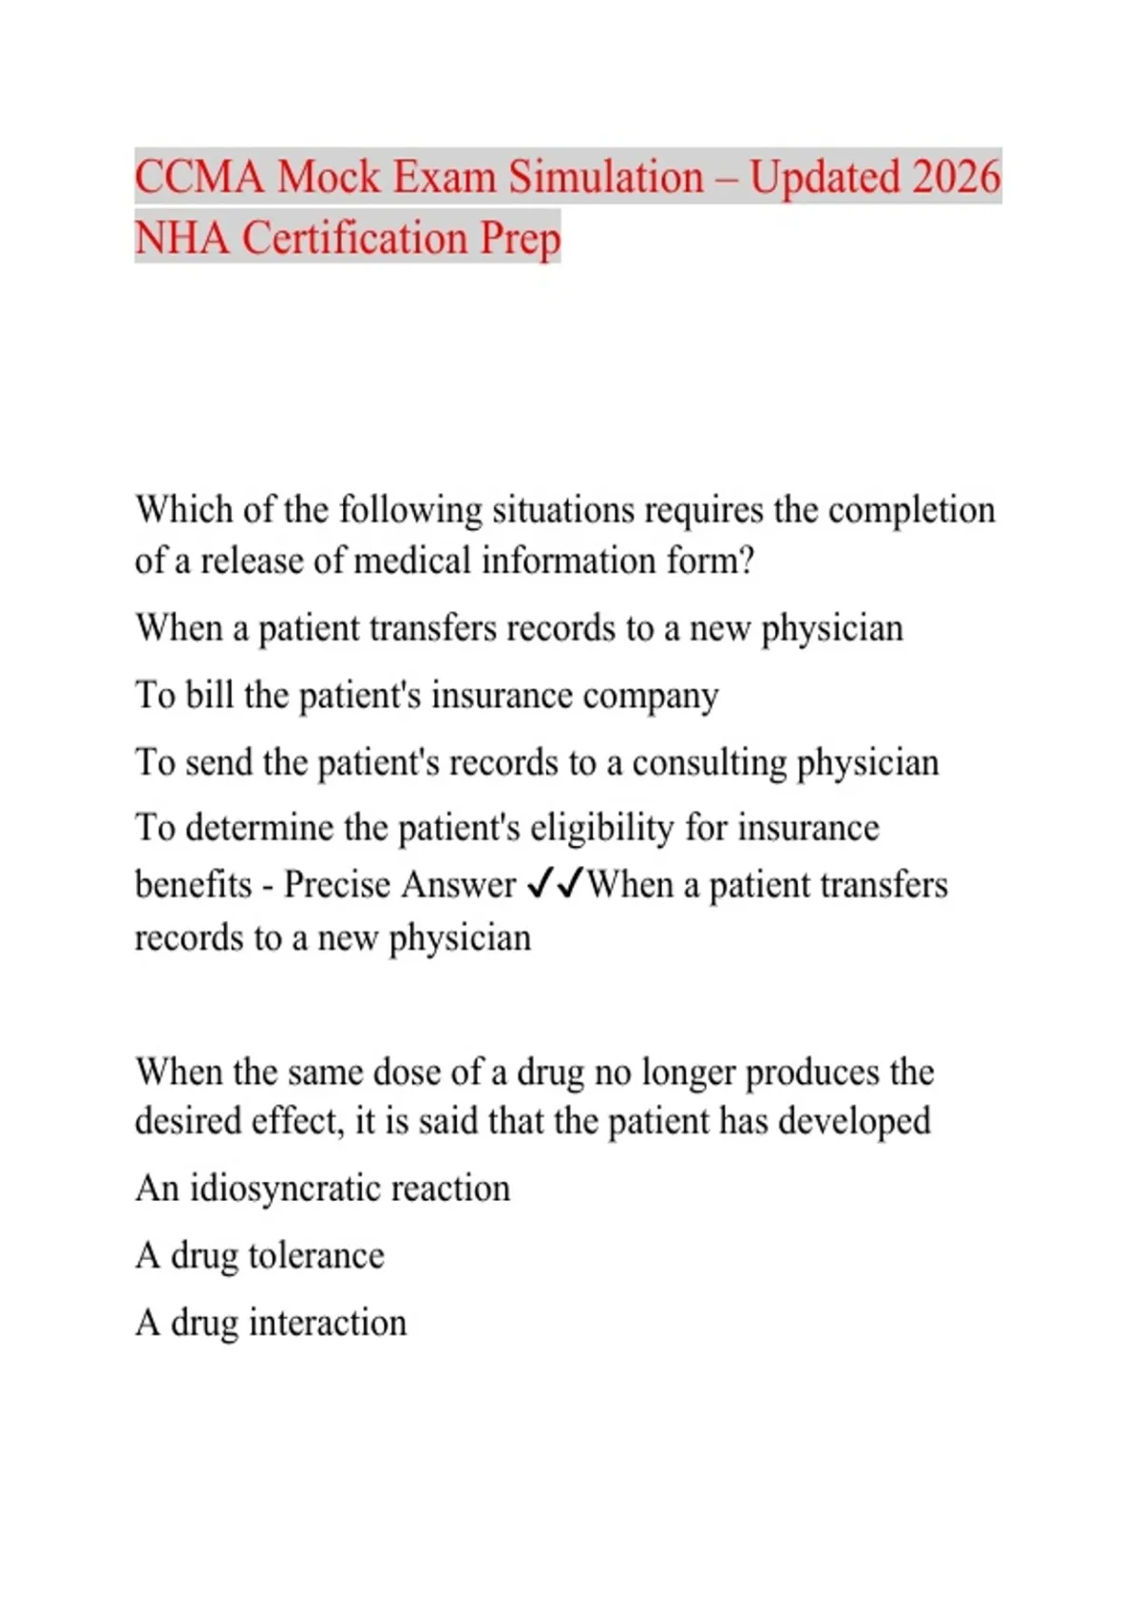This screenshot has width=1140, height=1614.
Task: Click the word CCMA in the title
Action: coord(199,178)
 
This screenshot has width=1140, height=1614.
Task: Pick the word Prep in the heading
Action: coord(520,239)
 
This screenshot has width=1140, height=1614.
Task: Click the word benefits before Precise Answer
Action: coord(193,885)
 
